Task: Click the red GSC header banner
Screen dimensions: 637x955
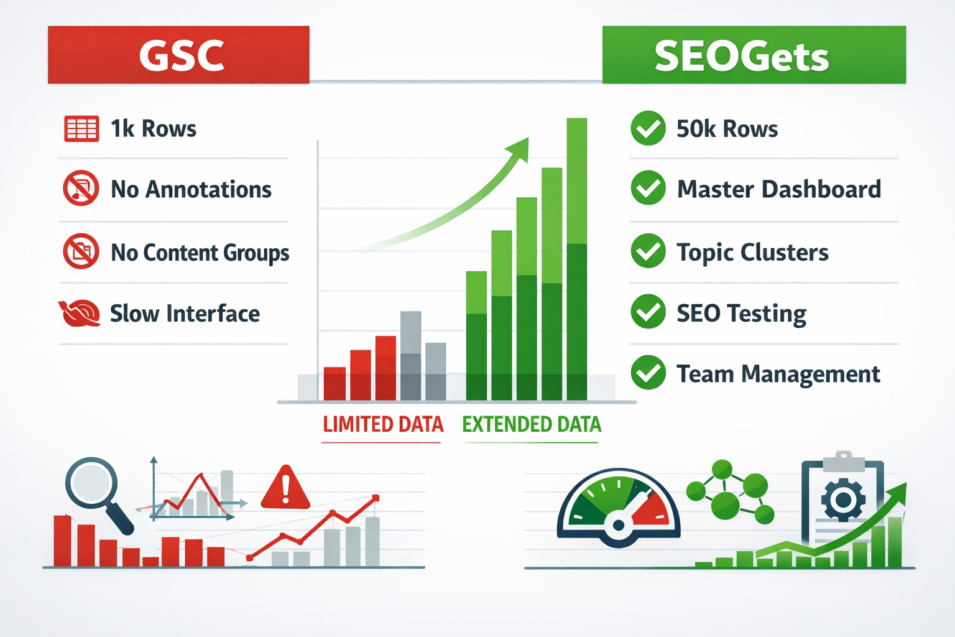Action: [178, 55]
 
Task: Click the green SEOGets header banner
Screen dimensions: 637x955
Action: [754, 55]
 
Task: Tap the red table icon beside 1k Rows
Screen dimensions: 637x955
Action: [81, 129]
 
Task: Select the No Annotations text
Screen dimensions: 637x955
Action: [191, 189]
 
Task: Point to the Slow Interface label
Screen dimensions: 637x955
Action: [185, 314]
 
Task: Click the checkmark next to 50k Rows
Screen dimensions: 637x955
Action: [648, 128]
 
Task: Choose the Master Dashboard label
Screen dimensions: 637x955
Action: [778, 189]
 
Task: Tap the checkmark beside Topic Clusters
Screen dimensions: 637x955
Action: [648, 251]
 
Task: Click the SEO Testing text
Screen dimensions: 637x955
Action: [741, 314]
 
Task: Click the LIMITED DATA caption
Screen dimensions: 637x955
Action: [383, 424]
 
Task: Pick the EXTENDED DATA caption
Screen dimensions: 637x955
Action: [532, 424]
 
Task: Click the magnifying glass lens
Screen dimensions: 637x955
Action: [91, 483]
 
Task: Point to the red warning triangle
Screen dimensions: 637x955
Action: [285, 488]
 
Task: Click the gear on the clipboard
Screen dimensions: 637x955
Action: [843, 499]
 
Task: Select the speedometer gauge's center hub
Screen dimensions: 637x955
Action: [618, 525]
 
